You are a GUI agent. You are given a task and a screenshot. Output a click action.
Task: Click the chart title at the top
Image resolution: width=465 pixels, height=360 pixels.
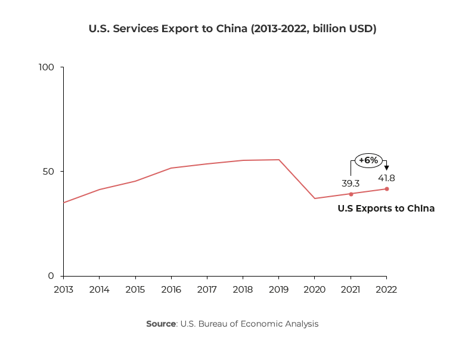coord(232,29)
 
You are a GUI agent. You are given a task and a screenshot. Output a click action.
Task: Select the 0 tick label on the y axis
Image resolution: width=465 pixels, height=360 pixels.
coord(52,276)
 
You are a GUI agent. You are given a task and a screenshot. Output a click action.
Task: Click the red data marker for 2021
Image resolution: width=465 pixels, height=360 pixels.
coord(351,194)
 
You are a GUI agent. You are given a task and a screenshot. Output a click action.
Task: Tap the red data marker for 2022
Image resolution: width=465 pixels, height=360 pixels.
coord(387,189)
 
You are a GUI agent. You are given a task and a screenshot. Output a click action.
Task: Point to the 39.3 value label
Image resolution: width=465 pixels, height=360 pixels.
coord(351,183)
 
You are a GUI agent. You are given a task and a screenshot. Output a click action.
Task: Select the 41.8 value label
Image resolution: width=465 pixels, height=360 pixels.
coord(386,178)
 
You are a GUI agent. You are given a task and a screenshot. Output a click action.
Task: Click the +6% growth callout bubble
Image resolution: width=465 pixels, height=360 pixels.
coord(368,160)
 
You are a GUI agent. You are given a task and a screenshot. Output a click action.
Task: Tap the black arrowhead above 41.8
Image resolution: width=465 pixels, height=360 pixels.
coord(386,168)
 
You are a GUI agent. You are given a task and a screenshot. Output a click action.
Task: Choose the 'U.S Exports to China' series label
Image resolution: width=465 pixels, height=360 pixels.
coord(386,209)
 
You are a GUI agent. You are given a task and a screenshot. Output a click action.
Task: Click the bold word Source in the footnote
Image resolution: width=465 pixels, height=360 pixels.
coord(161,324)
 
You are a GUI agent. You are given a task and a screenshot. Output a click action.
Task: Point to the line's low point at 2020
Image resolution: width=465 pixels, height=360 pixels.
coord(315,198)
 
